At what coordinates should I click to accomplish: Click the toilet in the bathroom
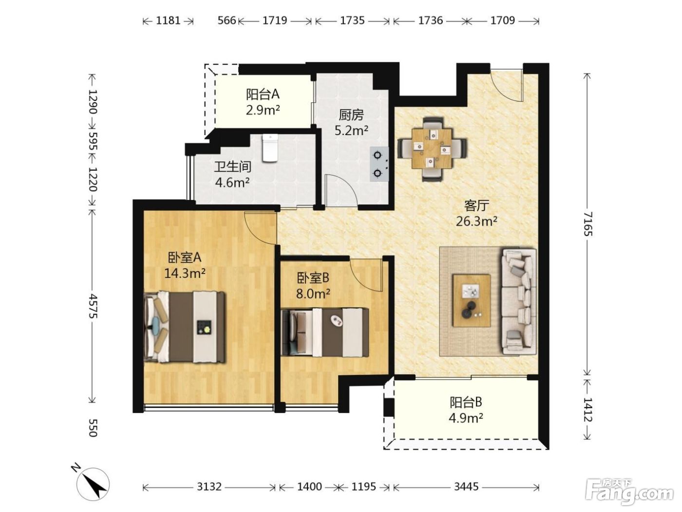(x=270, y=148)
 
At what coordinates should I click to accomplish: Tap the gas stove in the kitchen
(x=379, y=164)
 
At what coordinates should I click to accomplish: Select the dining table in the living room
(x=432, y=149)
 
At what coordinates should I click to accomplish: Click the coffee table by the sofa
(x=472, y=300)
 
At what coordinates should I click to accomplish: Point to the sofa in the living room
(x=519, y=301)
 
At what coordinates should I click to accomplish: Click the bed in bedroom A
(x=185, y=327)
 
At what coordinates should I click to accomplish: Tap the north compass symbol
(x=92, y=483)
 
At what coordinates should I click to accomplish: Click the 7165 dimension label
(x=587, y=224)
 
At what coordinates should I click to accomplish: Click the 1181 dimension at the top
(x=168, y=20)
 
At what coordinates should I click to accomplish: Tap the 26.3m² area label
(x=476, y=221)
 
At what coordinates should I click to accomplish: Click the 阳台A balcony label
(x=263, y=94)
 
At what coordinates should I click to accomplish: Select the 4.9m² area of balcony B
(x=466, y=418)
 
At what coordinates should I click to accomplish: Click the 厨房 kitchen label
(x=351, y=116)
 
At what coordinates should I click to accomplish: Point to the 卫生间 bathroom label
(x=232, y=167)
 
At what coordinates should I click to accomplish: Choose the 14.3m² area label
(x=185, y=273)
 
